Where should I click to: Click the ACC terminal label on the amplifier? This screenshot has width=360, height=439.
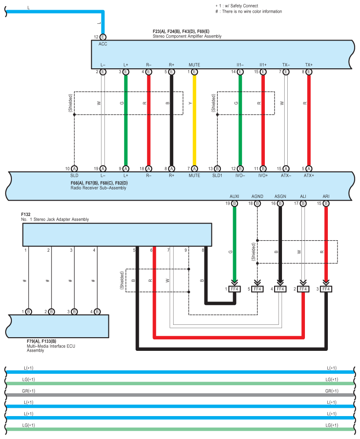tap(103, 44)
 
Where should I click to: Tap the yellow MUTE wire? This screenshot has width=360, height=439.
tap(194, 119)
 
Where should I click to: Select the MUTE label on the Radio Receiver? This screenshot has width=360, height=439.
tap(194, 175)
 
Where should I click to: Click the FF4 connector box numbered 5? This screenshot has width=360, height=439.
tap(257, 289)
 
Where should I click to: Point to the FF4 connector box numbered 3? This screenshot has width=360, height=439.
tap(326, 289)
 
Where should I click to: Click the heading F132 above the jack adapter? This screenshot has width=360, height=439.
tap(26, 214)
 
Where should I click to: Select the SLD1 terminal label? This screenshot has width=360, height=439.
tap(217, 175)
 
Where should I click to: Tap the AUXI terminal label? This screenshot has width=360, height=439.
tap(234, 196)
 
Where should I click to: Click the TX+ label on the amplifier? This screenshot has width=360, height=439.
tap(309, 65)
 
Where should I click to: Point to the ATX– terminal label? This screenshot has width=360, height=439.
tap(286, 175)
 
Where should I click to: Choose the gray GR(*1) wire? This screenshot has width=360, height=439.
tap(180, 395)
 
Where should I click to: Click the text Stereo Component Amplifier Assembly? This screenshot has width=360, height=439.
tap(187, 36)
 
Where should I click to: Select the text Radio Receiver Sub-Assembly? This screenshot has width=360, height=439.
tap(98, 188)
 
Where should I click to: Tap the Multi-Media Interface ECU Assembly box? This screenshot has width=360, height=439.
tap(57, 326)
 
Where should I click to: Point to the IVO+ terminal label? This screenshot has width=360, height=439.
tap(263, 175)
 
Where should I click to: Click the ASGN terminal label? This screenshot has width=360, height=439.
tap(280, 196)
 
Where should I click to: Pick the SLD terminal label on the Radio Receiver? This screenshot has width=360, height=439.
tap(74, 175)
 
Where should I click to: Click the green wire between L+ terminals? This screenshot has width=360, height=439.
tap(126, 119)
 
